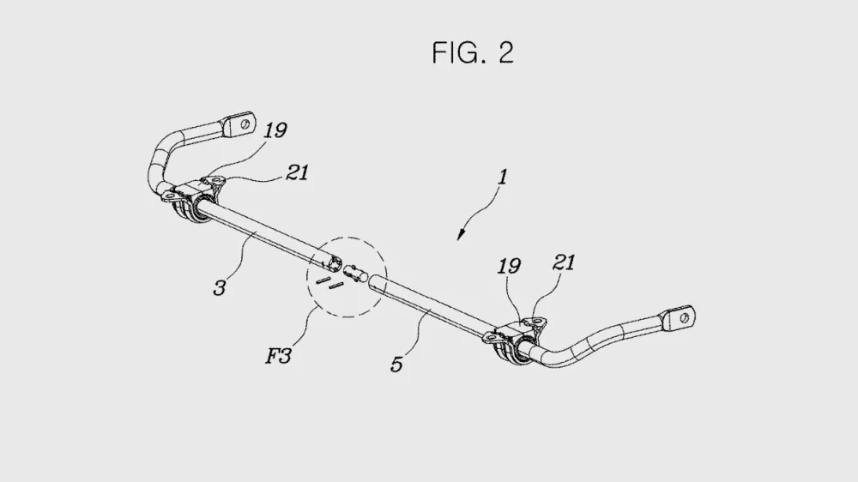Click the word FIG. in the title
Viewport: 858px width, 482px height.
tap(458, 53)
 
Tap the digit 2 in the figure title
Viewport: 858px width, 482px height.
tap(505, 53)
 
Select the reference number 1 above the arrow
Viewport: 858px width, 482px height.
tap(502, 177)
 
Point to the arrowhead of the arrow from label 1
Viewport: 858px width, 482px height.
tap(461, 235)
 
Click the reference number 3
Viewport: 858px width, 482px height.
tap(220, 288)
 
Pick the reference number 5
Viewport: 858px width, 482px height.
tap(396, 365)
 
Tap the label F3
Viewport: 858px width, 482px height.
tap(279, 356)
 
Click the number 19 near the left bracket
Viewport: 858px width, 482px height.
tap(275, 130)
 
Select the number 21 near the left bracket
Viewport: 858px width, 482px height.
tap(297, 173)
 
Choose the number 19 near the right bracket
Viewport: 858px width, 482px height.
tap(509, 267)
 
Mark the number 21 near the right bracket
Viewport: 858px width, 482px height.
tap(565, 263)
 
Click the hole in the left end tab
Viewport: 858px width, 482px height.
tap(245, 124)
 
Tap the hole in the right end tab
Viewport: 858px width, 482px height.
tap(684, 318)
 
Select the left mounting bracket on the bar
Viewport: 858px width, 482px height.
tap(194, 197)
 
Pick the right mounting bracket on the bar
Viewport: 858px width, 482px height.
tap(514, 340)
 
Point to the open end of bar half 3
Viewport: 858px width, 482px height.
tap(333, 263)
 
